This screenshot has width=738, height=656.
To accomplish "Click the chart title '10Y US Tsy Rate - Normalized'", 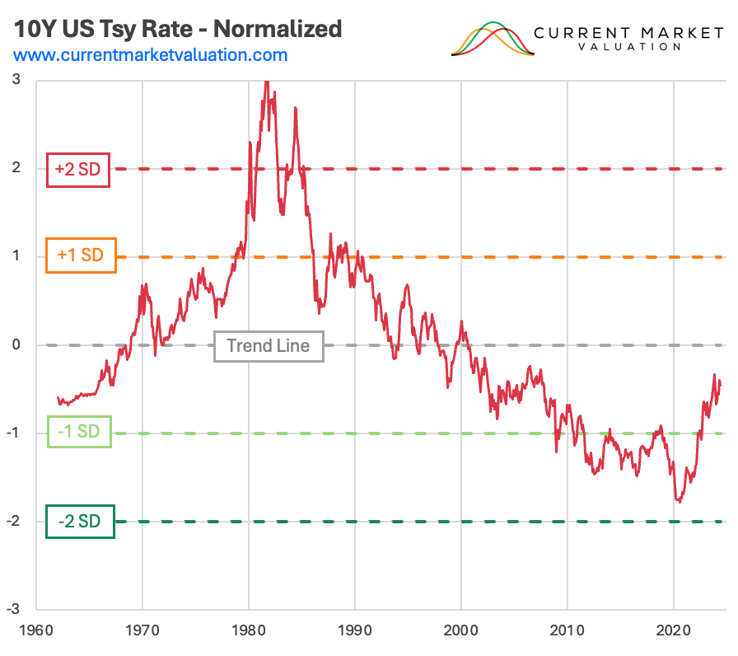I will coord(177,29).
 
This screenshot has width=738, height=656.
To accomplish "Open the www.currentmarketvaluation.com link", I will coord(151,55).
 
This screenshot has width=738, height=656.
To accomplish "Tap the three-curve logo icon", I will coord(493,39).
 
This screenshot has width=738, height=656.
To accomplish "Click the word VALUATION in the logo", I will coord(628,47).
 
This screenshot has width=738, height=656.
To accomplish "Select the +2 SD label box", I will coord(78,169).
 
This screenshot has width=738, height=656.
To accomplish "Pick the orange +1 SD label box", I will coord(80,255).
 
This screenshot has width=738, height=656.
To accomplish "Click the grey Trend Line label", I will coord(269,345).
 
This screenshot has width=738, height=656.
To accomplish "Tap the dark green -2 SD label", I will coord(80,522).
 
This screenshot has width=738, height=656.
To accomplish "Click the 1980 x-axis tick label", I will coord(249,629).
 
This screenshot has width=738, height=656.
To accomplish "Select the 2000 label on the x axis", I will coord(461,629).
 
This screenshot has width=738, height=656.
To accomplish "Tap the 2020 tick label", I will coord(674,629).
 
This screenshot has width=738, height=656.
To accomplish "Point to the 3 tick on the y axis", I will coord(16,80).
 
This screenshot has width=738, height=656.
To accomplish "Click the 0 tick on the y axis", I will coord(16,345).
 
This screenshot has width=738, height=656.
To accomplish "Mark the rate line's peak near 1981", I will coord(266,82).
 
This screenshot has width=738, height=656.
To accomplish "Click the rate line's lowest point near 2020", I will coord(679,501).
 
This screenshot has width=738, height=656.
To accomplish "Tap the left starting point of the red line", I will coord(58,397).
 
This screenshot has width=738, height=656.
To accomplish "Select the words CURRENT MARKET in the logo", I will coord(628,32).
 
